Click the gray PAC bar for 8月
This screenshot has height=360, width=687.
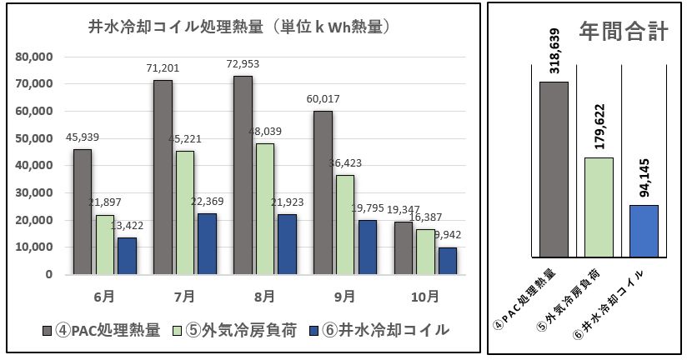click(x=243, y=175)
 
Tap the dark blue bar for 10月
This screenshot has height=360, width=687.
click(x=448, y=261)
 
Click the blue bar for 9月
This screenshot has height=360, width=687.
click(x=368, y=247)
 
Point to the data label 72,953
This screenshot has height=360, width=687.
click(x=243, y=64)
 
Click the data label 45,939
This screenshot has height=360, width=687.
click(x=83, y=137)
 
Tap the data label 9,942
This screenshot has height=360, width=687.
click(x=452, y=235)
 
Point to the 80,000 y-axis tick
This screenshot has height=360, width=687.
click(x=36, y=57)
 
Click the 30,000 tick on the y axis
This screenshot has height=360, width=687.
click(x=36, y=192)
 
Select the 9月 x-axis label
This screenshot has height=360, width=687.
click(x=344, y=296)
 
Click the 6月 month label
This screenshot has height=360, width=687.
click(x=104, y=296)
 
